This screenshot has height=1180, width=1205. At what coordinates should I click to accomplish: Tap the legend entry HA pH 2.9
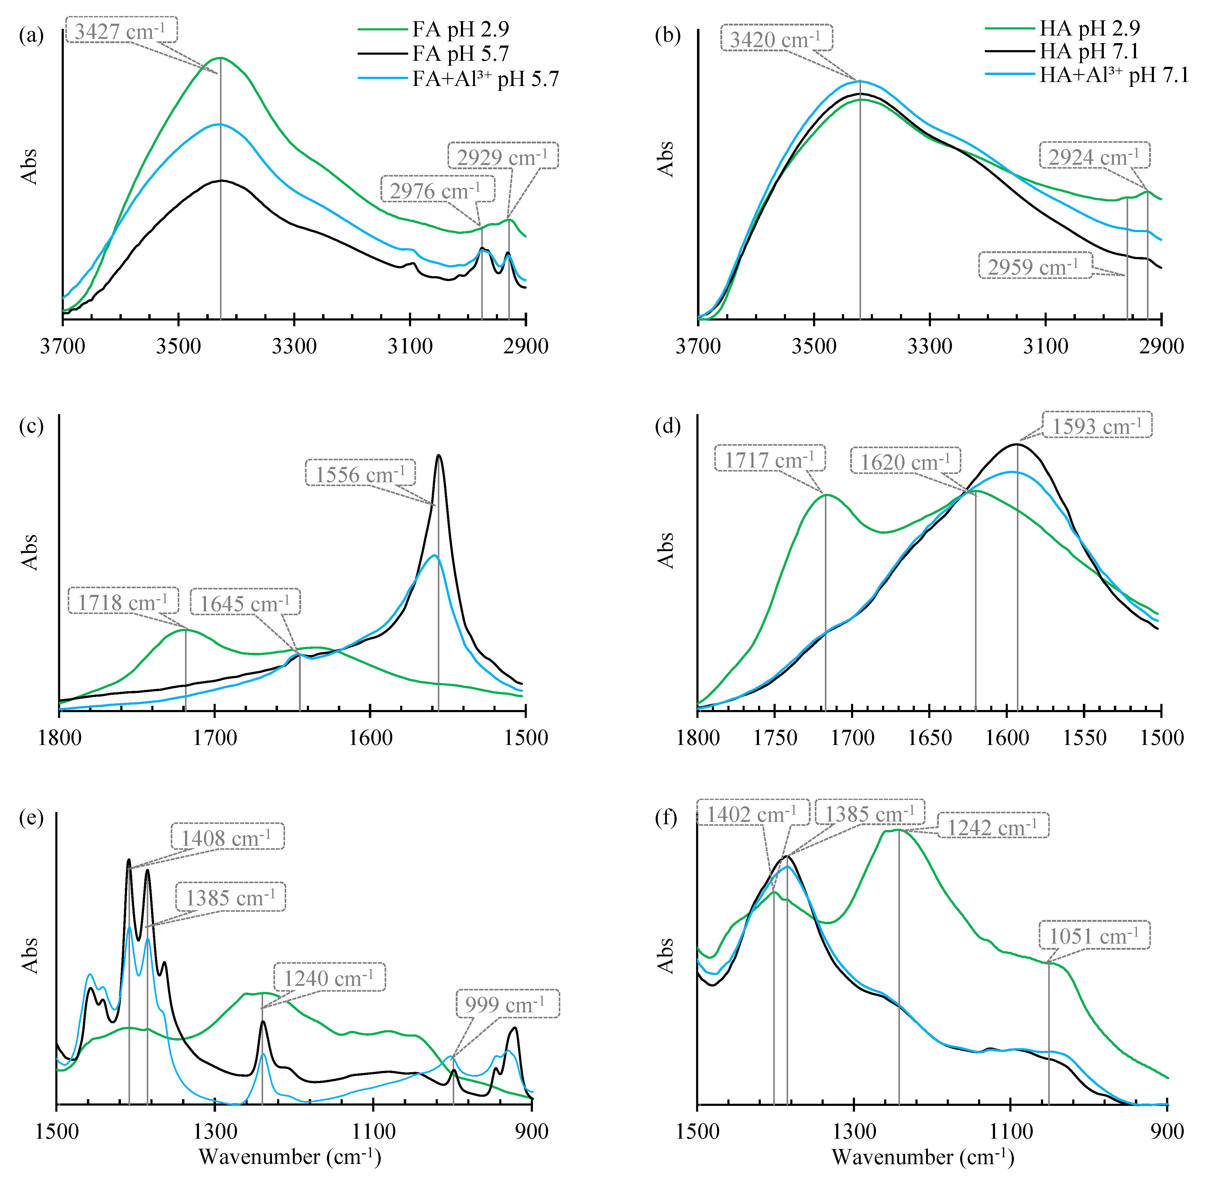coord(1089,28)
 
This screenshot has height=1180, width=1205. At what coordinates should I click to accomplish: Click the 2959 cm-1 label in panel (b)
coord(1035,266)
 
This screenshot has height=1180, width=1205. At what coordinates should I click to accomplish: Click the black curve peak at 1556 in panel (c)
coord(439,455)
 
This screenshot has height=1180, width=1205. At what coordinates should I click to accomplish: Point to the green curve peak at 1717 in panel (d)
coord(826,495)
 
